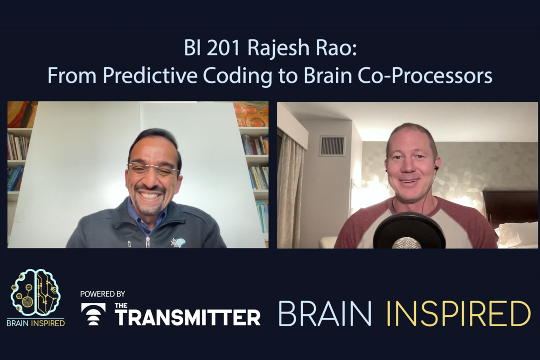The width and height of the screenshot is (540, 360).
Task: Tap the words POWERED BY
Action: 103,294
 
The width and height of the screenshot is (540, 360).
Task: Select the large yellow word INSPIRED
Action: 459,313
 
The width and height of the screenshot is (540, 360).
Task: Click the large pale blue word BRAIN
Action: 325,313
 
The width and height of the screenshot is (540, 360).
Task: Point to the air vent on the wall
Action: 332,146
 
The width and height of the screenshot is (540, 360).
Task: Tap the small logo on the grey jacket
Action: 178,243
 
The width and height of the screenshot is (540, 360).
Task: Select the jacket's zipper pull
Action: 148,243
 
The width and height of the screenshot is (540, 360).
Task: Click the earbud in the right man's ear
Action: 436,168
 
